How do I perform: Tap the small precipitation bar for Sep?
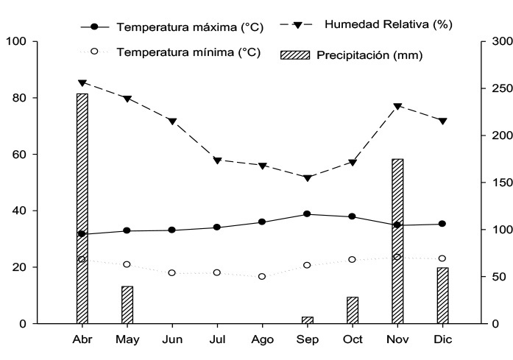point(307,320)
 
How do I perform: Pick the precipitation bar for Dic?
point(442,295)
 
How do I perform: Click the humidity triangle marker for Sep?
point(307,177)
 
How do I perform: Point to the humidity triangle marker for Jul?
point(217,160)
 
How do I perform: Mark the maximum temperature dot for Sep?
point(307,214)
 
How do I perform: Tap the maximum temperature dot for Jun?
point(172,230)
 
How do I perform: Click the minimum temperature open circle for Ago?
point(262,276)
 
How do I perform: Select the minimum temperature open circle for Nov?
point(397,257)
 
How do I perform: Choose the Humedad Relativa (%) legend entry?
point(387,24)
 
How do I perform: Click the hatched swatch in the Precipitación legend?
point(296,54)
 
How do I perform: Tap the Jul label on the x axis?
point(217,339)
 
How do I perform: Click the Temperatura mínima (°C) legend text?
point(188,52)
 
